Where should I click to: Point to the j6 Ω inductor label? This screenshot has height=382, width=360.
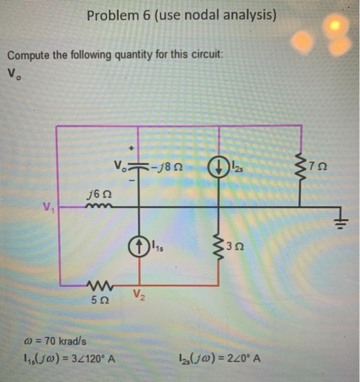pos(97,194)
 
